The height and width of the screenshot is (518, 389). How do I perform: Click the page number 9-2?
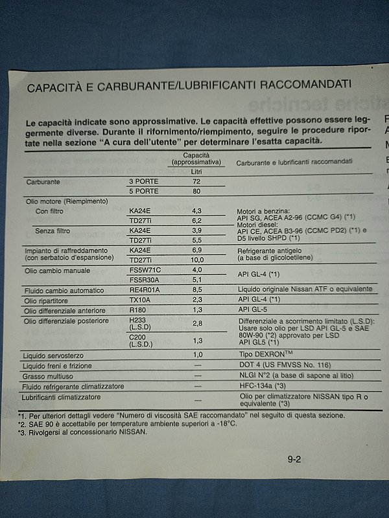coord(295,460)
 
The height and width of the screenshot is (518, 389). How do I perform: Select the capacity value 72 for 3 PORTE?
coord(196,183)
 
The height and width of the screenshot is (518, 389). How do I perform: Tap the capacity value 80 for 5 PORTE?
coord(196,192)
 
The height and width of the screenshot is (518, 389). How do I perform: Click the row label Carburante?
coord(43,183)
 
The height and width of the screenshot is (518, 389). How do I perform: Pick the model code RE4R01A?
coord(144,290)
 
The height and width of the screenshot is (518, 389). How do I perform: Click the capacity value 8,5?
coord(197,290)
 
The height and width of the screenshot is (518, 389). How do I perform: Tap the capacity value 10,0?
coord(197,260)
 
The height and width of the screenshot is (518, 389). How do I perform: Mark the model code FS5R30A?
coord(144,280)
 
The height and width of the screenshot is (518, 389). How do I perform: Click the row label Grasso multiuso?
coord(48,376)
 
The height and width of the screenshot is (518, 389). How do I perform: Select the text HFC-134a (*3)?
coord(264,386)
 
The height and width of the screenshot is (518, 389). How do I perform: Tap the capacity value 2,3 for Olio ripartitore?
coord(197,300)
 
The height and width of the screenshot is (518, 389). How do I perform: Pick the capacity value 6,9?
coord(197,250)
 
